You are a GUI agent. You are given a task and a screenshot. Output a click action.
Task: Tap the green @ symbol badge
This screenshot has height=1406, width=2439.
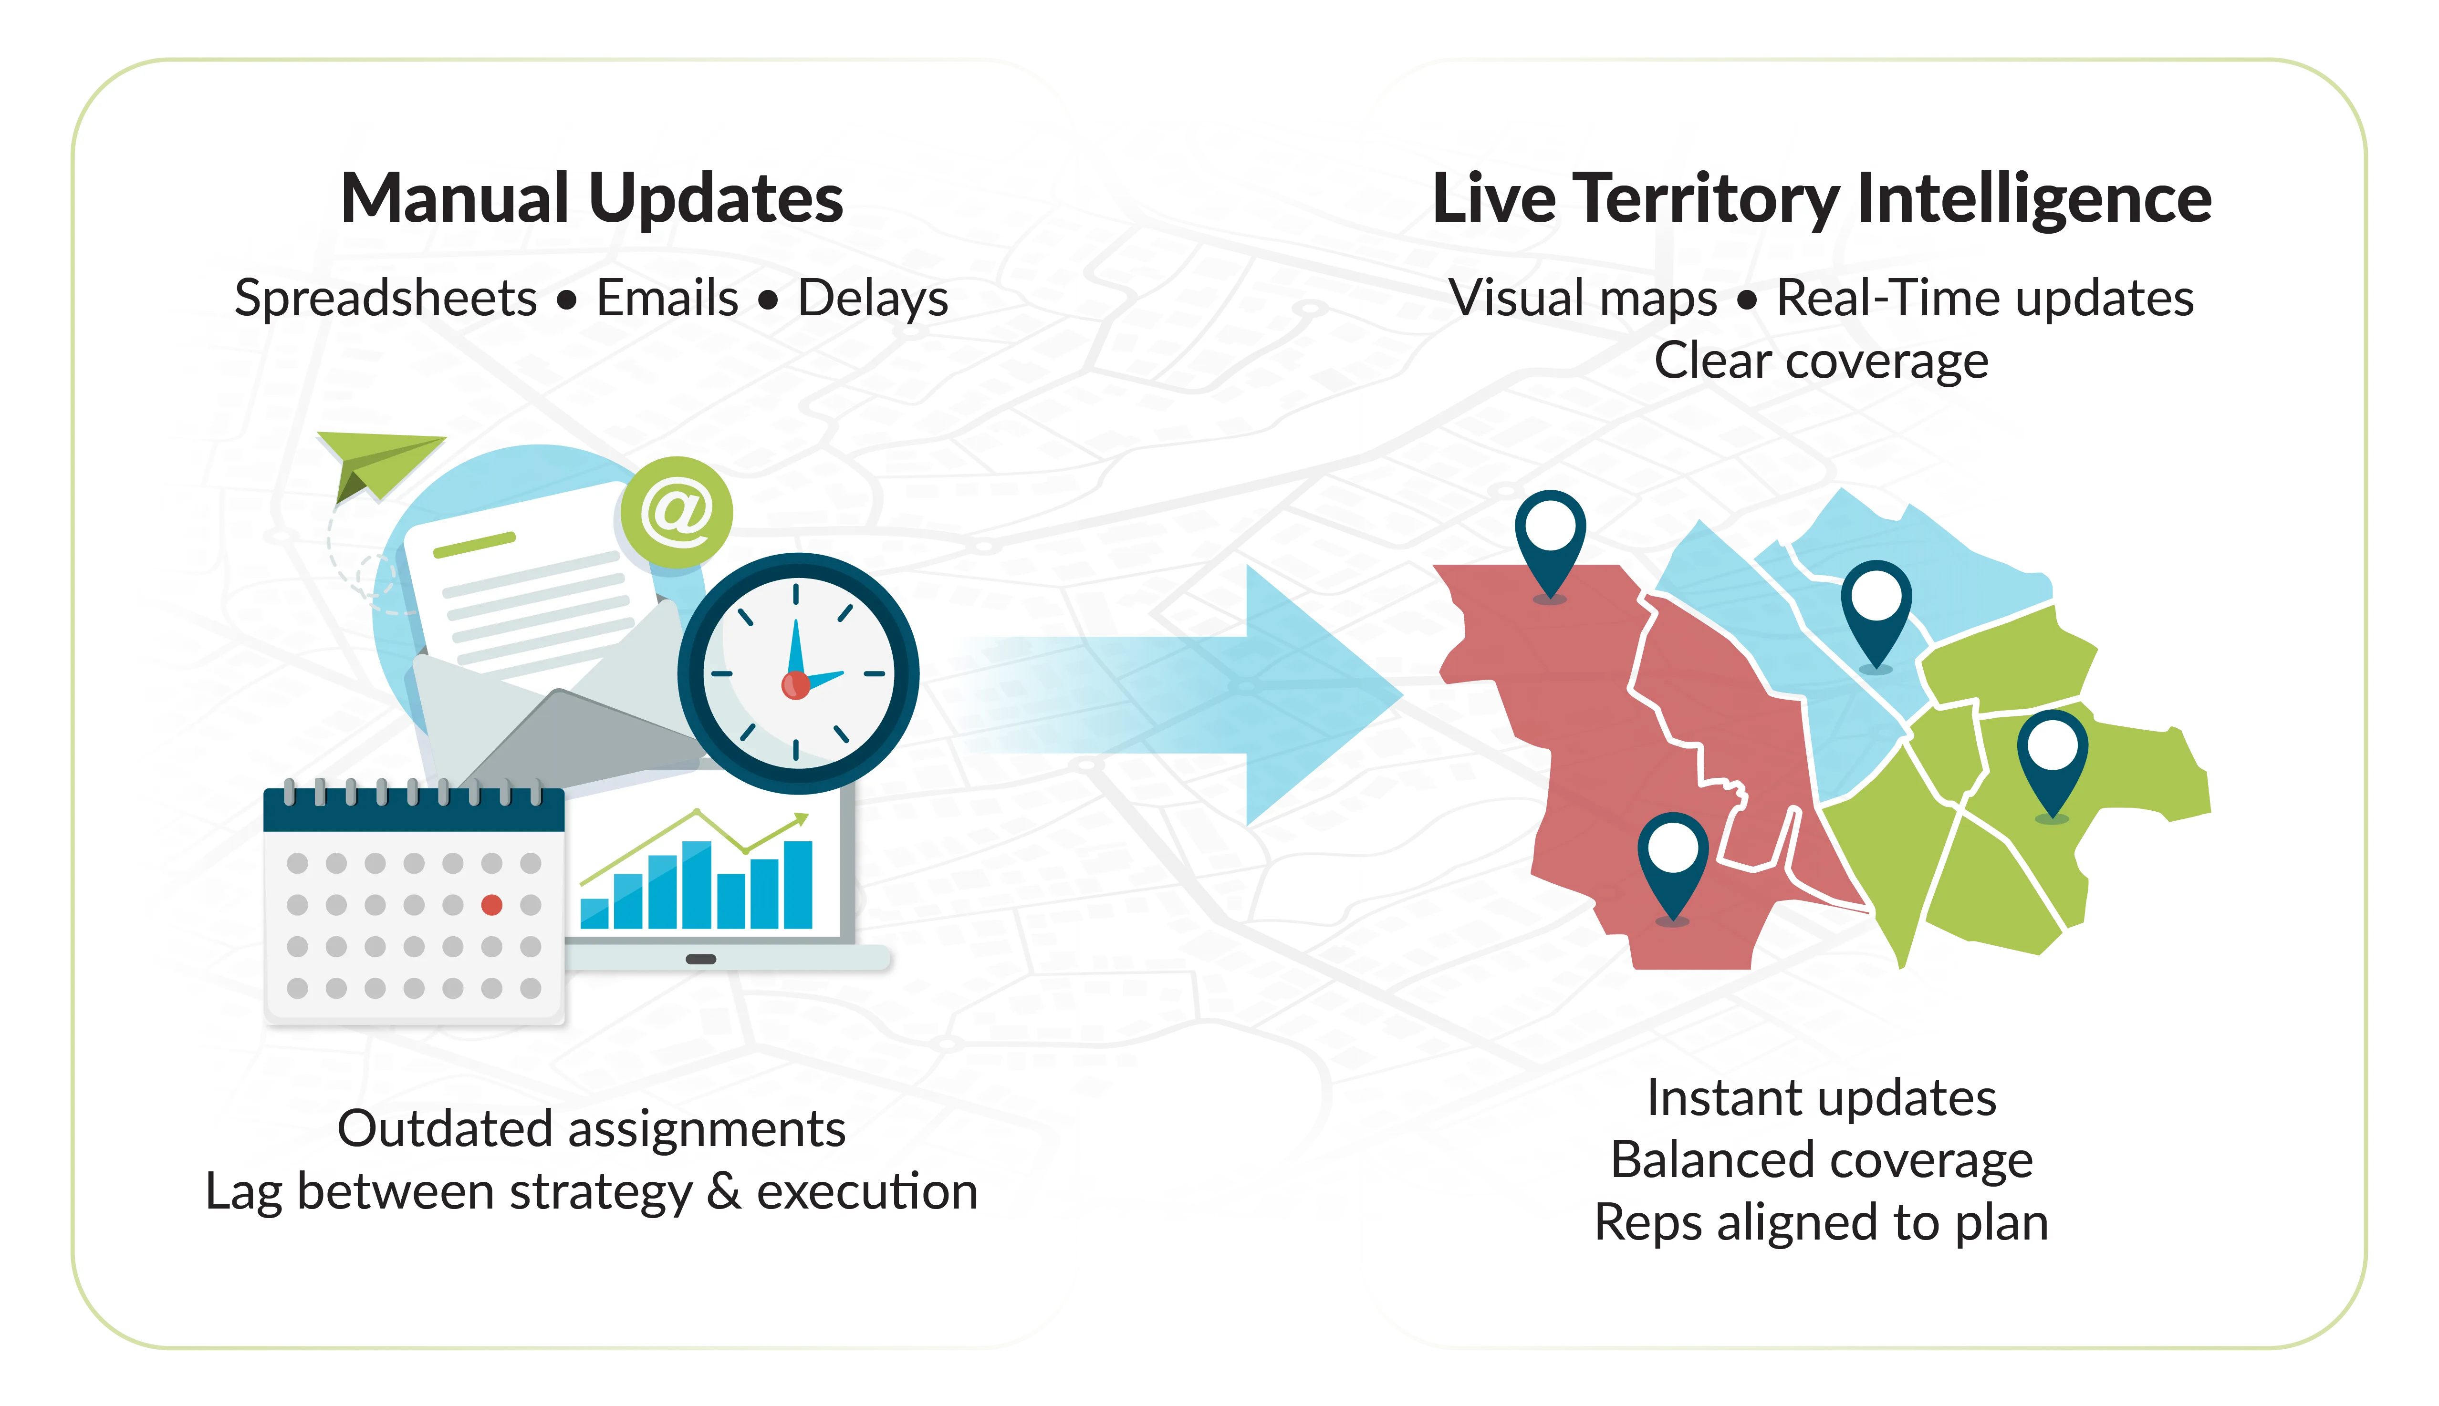(x=676, y=512)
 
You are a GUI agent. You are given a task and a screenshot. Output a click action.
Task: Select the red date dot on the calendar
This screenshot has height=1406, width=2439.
(x=491, y=905)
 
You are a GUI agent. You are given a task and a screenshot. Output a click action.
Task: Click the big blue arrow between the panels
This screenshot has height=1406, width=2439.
(x=1294, y=695)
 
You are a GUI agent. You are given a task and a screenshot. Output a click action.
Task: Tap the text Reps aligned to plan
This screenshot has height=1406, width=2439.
(x=1821, y=1222)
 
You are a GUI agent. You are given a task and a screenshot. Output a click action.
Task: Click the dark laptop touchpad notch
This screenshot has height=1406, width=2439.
(x=700, y=959)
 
